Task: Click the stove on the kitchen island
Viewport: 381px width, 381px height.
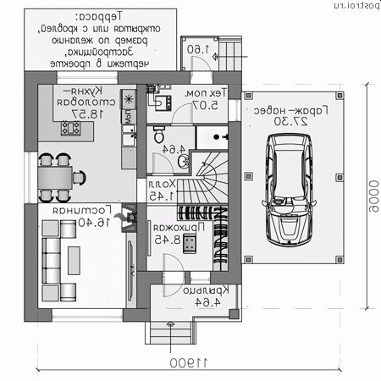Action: [70, 130]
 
